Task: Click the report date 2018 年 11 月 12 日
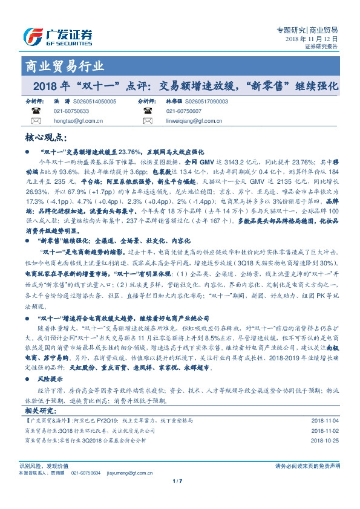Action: (x=312, y=38)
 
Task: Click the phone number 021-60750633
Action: (x=71, y=112)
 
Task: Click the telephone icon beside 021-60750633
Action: (x=35, y=112)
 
